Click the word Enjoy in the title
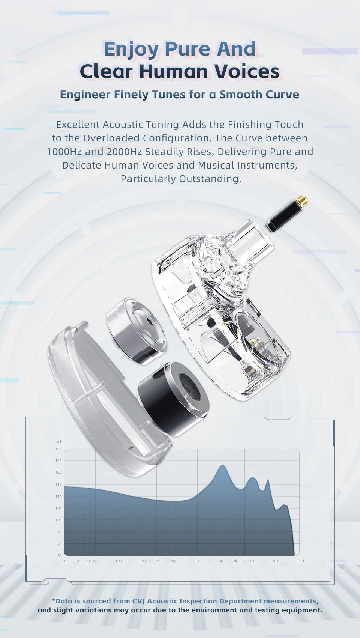pyautogui.click(x=132, y=49)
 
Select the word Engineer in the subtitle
pyautogui.click(x=85, y=95)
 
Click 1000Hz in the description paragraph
pyautogui.click(x=64, y=152)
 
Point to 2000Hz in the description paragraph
pyautogui.click(x=124, y=152)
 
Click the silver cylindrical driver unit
pyautogui.click(x=136, y=331)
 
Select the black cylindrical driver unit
pyautogui.click(x=174, y=399)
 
